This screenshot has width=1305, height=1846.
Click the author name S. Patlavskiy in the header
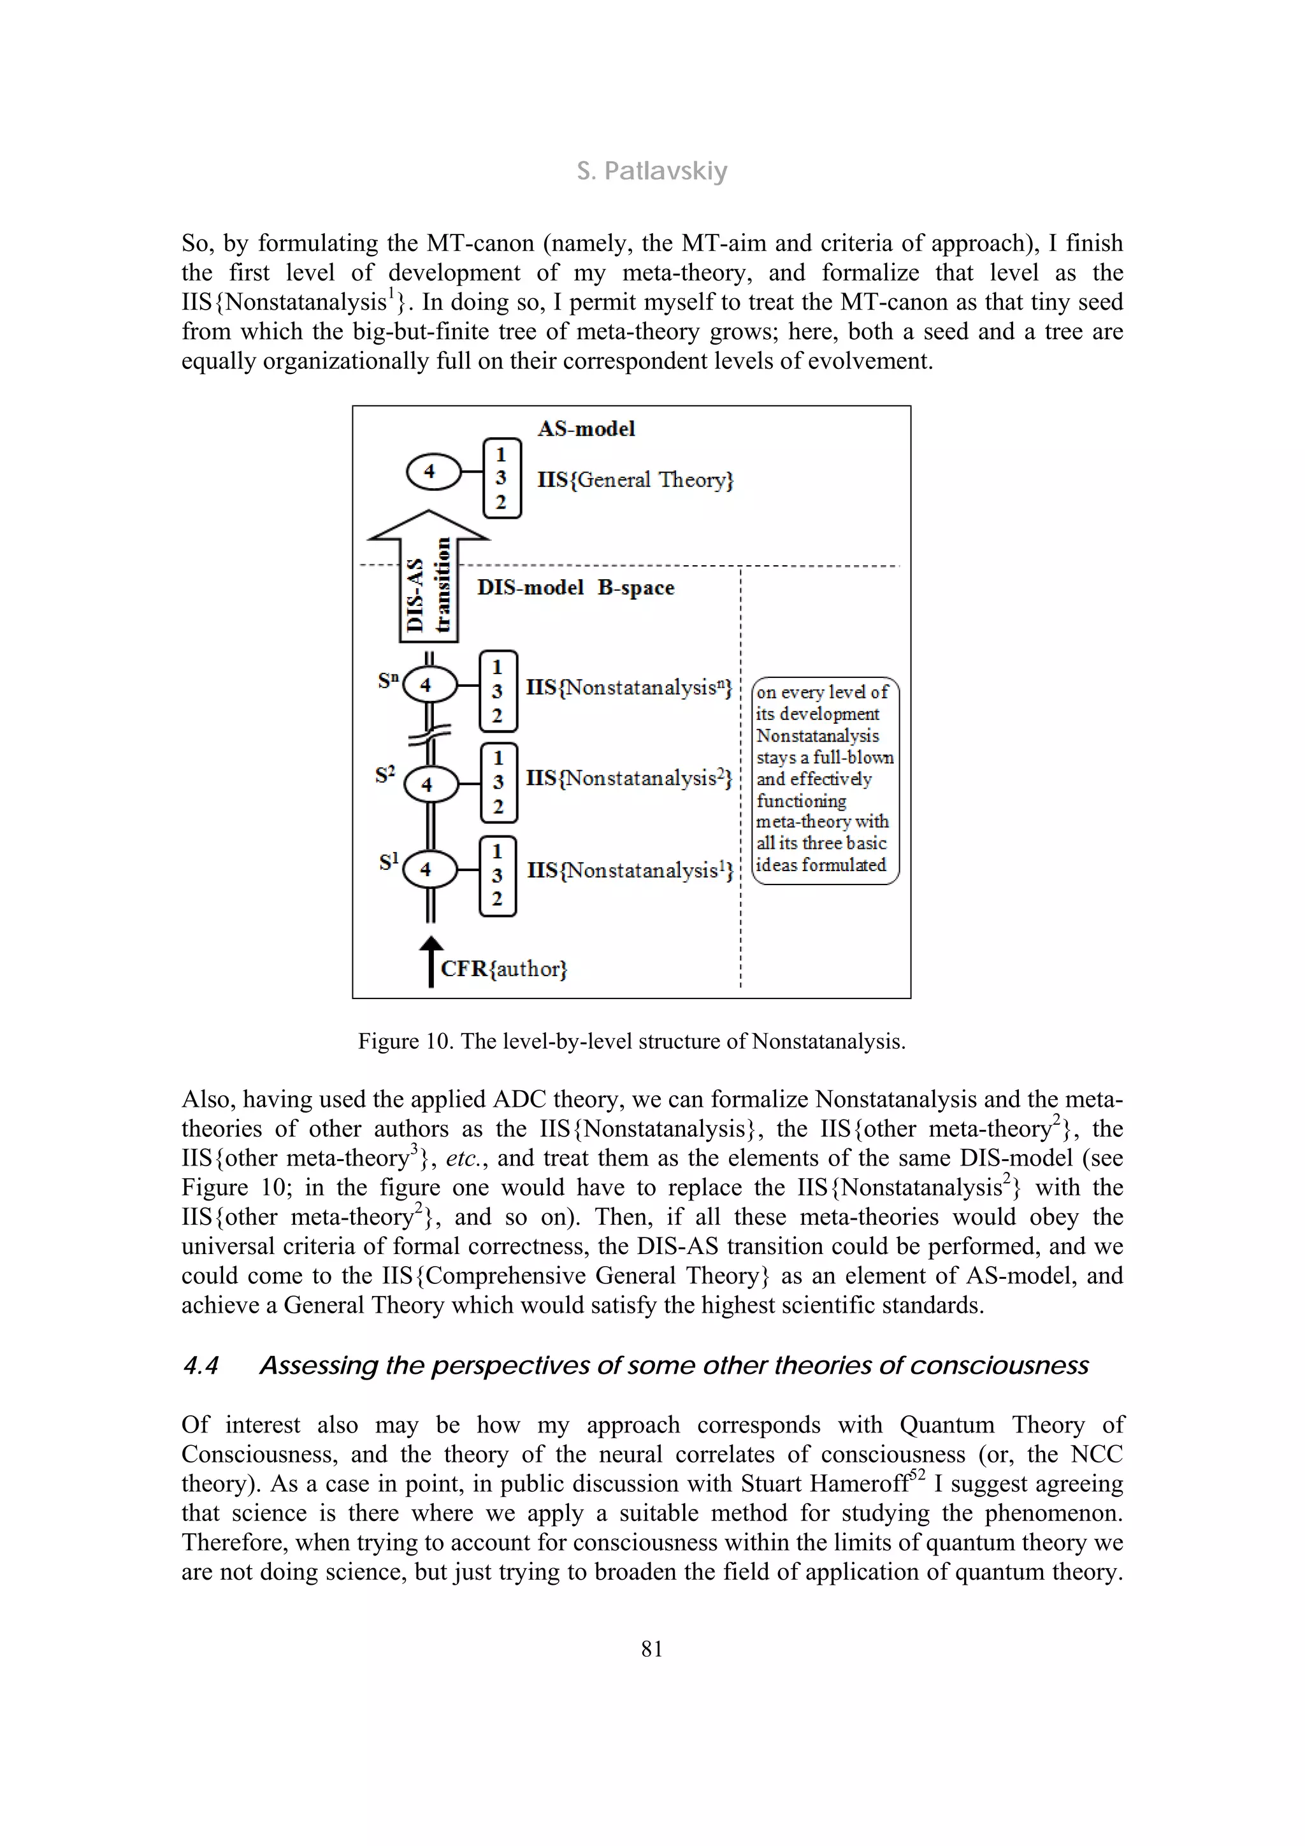651,171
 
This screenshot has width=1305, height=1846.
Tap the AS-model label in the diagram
586,429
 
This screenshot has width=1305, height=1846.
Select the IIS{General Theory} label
635,480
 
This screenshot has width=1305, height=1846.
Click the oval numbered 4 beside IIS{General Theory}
433,471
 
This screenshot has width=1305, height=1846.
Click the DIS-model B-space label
575,588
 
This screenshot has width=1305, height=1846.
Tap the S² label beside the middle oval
385,774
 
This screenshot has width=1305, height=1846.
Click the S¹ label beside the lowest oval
388,863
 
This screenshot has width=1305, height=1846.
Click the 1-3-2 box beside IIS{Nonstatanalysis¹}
498,876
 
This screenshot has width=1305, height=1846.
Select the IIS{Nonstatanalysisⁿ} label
629,688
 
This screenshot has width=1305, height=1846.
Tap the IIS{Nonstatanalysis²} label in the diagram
629,778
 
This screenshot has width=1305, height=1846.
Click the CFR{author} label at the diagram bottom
504,969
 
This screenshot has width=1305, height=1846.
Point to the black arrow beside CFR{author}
431,961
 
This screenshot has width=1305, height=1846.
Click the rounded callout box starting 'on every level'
825,780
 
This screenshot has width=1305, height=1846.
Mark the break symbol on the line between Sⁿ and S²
429,734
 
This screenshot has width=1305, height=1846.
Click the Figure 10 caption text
631,1041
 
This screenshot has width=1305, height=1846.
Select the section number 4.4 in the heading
200,1366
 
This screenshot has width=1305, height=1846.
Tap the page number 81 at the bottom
652,1649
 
